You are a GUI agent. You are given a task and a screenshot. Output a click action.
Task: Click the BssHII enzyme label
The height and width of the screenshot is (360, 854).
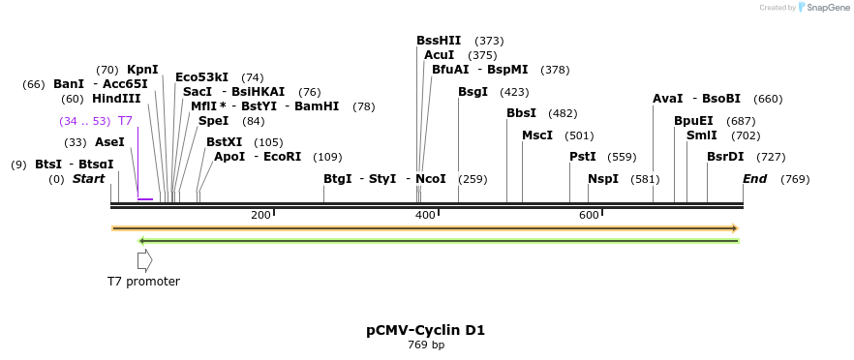click(x=439, y=41)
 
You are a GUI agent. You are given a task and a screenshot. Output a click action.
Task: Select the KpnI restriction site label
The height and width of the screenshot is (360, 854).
click(x=142, y=70)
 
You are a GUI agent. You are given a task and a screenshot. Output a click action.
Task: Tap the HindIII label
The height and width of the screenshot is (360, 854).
click(x=116, y=99)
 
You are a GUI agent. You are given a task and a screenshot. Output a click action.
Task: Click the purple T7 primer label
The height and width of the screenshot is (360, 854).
click(x=125, y=121)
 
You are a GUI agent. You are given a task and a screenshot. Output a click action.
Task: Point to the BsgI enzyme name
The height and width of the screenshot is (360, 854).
click(x=473, y=92)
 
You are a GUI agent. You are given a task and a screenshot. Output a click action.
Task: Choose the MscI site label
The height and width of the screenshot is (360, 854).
click(x=537, y=135)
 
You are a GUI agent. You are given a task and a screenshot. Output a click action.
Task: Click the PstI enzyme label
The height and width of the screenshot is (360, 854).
click(x=582, y=157)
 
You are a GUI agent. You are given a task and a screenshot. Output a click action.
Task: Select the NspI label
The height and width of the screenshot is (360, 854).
click(x=602, y=179)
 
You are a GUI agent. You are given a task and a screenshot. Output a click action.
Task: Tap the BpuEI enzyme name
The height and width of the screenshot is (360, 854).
click(x=693, y=121)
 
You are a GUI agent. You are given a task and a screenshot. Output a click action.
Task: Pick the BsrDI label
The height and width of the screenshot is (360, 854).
click(x=725, y=157)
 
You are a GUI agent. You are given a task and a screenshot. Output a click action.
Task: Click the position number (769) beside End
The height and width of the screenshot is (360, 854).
click(x=794, y=179)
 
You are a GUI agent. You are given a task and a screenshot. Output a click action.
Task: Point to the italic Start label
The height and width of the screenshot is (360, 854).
click(x=88, y=179)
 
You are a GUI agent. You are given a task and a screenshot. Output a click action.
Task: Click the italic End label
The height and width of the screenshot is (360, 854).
click(x=754, y=179)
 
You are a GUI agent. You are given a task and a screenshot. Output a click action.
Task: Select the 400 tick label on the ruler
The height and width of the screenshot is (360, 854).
click(x=425, y=215)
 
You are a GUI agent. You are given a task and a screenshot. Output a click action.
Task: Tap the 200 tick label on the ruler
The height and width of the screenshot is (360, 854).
click(x=260, y=215)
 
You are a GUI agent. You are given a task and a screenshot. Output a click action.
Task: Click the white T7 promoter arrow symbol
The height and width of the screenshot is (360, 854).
click(x=144, y=259)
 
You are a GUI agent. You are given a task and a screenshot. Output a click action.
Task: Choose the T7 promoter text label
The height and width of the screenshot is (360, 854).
click(x=143, y=282)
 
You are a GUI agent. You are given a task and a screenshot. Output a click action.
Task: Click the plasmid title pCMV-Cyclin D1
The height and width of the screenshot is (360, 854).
click(x=425, y=330)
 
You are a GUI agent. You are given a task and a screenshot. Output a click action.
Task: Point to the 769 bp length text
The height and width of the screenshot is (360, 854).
click(x=425, y=345)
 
